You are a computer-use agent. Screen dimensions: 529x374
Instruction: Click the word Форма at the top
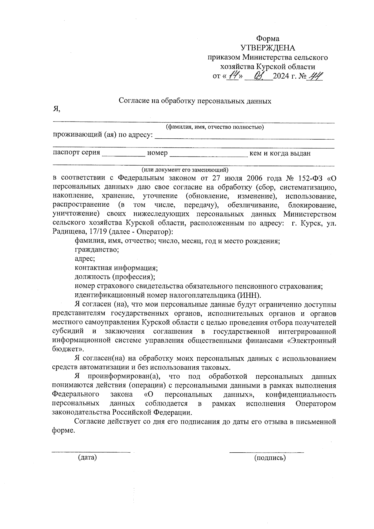click(267, 39)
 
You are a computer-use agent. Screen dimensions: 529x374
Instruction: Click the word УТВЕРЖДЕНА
click(268, 48)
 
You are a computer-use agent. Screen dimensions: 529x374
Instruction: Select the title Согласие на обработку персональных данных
click(195, 101)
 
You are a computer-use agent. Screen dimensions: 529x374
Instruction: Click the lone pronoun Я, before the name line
click(56, 109)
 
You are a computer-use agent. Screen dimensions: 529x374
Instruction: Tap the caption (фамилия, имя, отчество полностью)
click(215, 127)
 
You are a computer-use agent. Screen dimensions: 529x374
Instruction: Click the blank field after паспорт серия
click(123, 153)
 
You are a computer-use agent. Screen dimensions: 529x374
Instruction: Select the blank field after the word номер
click(208, 153)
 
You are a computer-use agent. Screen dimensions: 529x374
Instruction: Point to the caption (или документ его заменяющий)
click(185, 170)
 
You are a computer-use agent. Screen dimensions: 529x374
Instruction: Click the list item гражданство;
click(97, 250)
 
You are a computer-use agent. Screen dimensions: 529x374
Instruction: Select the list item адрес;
click(85, 259)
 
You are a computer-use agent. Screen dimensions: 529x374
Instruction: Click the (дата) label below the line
click(88, 458)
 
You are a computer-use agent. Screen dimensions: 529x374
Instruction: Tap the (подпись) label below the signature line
click(270, 458)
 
